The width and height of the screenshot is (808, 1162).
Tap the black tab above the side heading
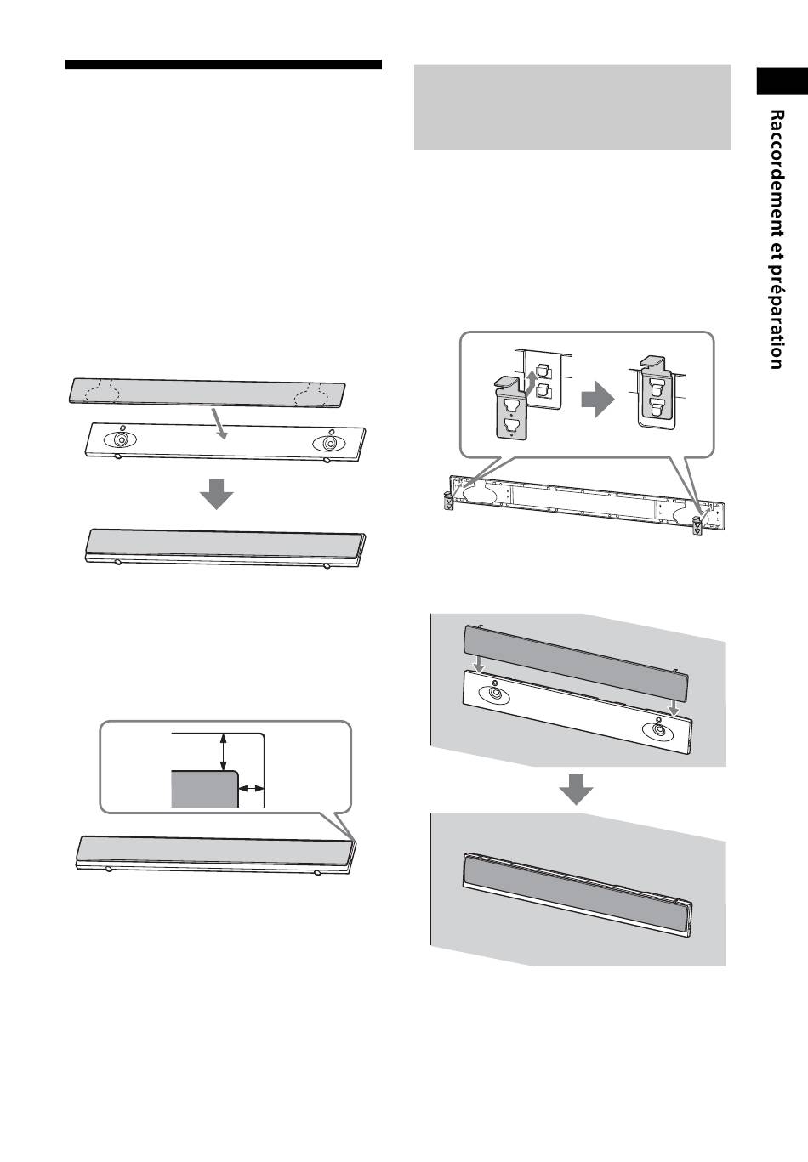pyautogui.click(x=782, y=82)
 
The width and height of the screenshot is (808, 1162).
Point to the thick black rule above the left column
pyautogui.click(x=223, y=65)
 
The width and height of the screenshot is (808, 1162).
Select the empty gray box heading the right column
pyautogui.click(x=572, y=107)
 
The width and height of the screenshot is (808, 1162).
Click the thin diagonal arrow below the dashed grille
pyautogui.click(x=218, y=423)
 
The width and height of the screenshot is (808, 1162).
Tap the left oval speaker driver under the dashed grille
pyautogui.click(x=121, y=439)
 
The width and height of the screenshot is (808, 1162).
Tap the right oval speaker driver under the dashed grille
pyautogui.click(x=329, y=444)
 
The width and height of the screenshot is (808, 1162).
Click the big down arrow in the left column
pyautogui.click(x=216, y=494)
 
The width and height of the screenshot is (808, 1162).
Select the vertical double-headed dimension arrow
pyautogui.click(x=223, y=751)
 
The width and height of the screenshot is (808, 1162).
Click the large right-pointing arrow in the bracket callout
pyautogui.click(x=597, y=399)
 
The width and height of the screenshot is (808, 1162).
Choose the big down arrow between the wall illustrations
pyautogui.click(x=576, y=790)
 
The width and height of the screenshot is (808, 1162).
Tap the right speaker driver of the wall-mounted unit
pyautogui.click(x=658, y=730)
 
